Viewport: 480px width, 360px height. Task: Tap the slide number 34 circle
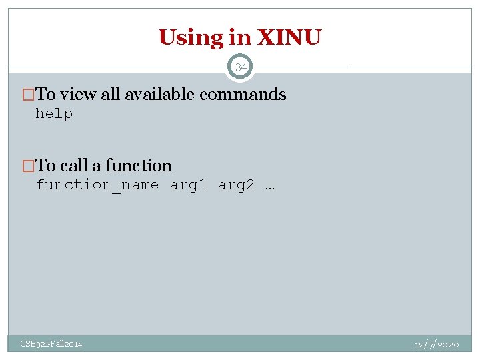[x=240, y=67]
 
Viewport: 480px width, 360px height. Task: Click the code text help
[x=54, y=114]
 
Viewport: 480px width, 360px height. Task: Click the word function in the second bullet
[x=139, y=165]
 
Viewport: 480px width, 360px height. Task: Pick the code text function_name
[x=97, y=185]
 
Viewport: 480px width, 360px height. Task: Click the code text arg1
[x=189, y=185]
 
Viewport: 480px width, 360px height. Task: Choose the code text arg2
[x=236, y=185]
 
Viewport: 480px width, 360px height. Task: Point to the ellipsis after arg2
[x=269, y=185]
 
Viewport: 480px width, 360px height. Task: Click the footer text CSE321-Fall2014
[x=51, y=344]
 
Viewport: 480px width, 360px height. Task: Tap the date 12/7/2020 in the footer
[x=436, y=344]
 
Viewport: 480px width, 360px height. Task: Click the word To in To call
[x=46, y=165]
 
